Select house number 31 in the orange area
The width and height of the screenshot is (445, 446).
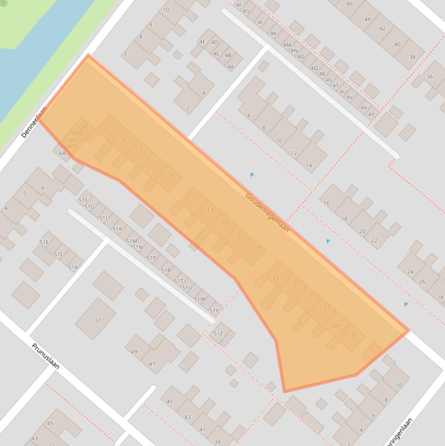pyautogui.click(x=354, y=335)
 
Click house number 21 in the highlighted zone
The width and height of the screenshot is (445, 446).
pyautogui.click(x=275, y=279)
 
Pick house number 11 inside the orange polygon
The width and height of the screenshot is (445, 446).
pyautogui.click(x=195, y=197)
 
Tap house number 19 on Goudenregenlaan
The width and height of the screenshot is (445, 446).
pyautogui.click(x=258, y=247)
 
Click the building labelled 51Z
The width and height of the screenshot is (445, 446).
pyautogui.click(x=219, y=334)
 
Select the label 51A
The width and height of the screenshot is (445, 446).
pyautogui.click(x=73, y=268)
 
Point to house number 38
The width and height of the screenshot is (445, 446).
pyautogui.click(x=412, y=57)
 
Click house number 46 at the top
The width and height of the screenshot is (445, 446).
pyautogui.click(x=350, y=4)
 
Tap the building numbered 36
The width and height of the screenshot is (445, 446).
pyautogui.click(x=429, y=76)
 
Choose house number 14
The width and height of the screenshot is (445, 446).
pyautogui.click(x=309, y=166)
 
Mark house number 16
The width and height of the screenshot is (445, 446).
pyautogui.click(x=326, y=203)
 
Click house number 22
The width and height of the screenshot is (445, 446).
pyautogui.click(x=374, y=240)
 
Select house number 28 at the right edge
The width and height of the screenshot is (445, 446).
pyautogui.click(x=440, y=297)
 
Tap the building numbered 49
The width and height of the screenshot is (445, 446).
pyautogui.click(x=134, y=352)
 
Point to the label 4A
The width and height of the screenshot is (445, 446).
pyautogui.click(x=231, y=67)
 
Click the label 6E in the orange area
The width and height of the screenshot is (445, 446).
pyautogui.click(x=85, y=126)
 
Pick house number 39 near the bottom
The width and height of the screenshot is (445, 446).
pyautogui.click(x=218, y=442)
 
